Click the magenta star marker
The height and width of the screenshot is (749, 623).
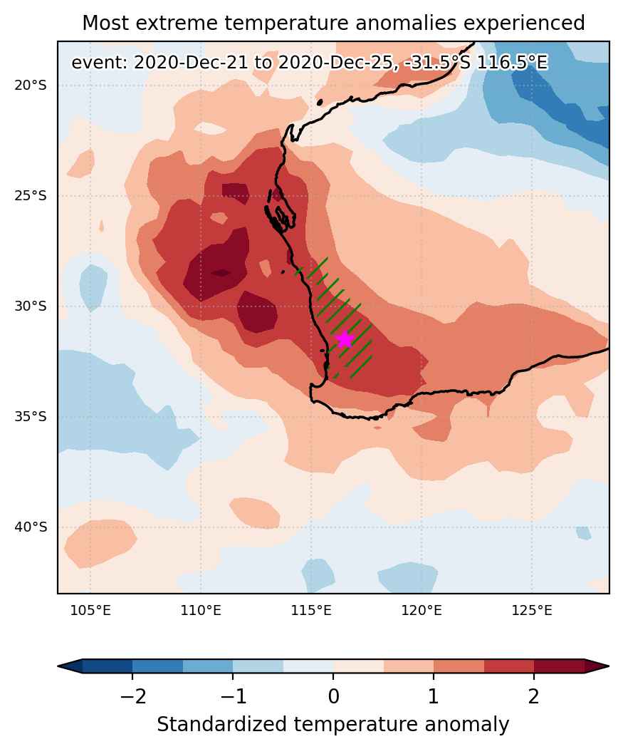click(345, 340)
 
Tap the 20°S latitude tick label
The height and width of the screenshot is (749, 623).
click(31, 86)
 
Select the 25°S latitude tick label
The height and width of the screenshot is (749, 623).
click(31, 196)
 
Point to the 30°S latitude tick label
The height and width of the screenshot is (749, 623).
click(31, 306)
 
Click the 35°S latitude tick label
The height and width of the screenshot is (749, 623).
click(31, 416)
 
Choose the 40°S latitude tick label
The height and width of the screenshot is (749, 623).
click(31, 527)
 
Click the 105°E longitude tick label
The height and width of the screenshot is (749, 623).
click(90, 611)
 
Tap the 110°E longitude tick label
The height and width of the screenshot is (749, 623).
click(201, 611)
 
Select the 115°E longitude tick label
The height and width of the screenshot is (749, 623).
click(310, 611)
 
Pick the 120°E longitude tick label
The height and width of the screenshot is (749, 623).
click(421, 611)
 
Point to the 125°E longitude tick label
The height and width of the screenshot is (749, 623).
click(531, 611)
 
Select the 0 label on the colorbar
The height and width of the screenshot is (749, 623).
click(333, 696)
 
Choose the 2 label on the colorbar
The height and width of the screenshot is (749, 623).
click(534, 696)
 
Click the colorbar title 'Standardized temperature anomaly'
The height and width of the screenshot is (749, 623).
click(333, 724)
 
